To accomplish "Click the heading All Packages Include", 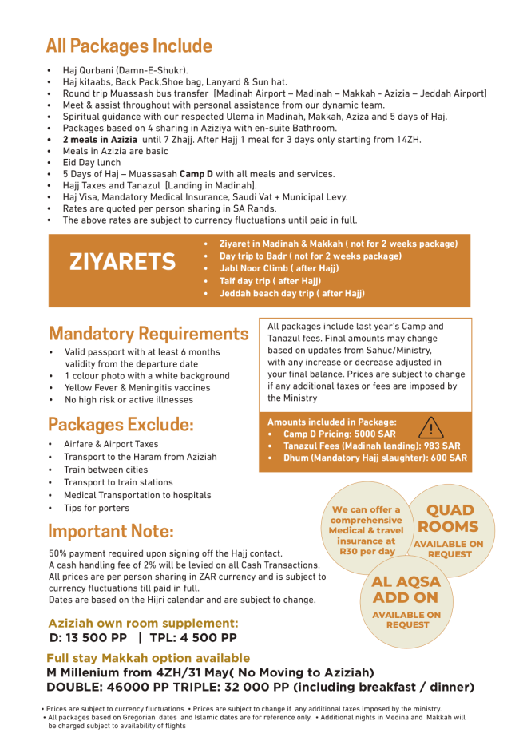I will [x=129, y=46].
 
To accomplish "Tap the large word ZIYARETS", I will [x=122, y=261].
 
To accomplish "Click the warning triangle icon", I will [x=430, y=427].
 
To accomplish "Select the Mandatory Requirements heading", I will [x=149, y=333].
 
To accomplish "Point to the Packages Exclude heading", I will [x=121, y=423].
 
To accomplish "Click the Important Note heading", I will [x=111, y=531].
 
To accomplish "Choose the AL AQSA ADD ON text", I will [x=406, y=589].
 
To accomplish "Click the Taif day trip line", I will [x=270, y=281].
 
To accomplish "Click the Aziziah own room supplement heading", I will [x=143, y=623].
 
